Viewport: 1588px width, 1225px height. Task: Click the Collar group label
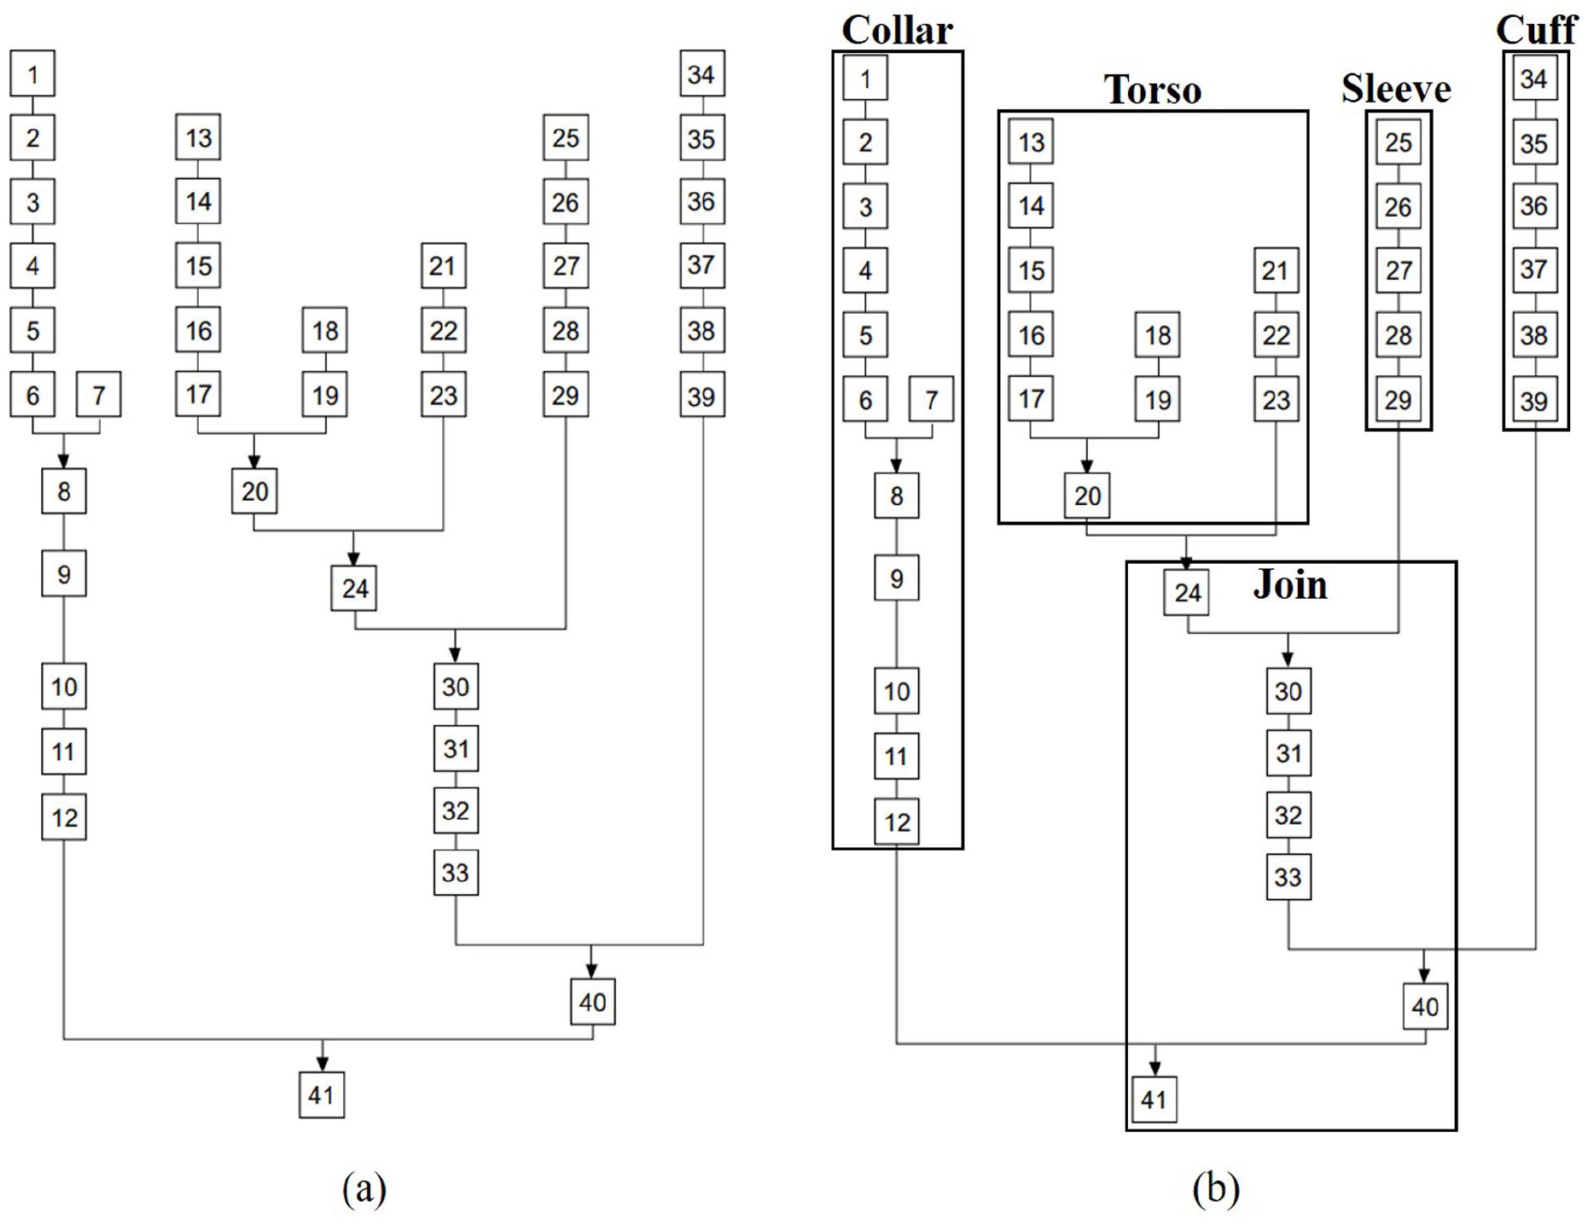(897, 30)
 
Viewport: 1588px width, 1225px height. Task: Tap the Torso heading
(1153, 90)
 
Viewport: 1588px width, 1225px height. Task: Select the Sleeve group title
(1396, 89)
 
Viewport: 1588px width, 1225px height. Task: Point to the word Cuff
(1536, 30)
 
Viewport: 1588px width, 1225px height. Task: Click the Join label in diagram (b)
(1290, 585)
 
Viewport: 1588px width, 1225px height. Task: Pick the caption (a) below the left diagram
(364, 1187)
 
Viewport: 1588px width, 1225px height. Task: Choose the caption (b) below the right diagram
(1216, 1187)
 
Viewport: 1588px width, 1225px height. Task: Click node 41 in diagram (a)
(322, 1094)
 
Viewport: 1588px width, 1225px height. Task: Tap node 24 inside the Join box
(1187, 592)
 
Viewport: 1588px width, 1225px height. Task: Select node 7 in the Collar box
(931, 399)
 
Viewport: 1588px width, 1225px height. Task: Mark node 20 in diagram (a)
(254, 491)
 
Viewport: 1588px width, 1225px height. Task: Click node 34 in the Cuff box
(1534, 78)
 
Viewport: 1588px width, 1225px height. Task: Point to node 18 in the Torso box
(1158, 334)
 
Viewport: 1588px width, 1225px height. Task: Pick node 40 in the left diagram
(593, 1001)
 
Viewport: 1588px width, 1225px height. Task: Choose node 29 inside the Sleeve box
(1399, 399)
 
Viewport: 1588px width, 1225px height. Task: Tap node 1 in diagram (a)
(32, 73)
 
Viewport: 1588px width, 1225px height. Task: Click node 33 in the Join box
(1288, 877)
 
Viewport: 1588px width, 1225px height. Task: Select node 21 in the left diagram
(444, 265)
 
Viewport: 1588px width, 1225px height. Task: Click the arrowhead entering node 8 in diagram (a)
(63, 462)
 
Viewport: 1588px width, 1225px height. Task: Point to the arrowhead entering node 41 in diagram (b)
(1155, 1070)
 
